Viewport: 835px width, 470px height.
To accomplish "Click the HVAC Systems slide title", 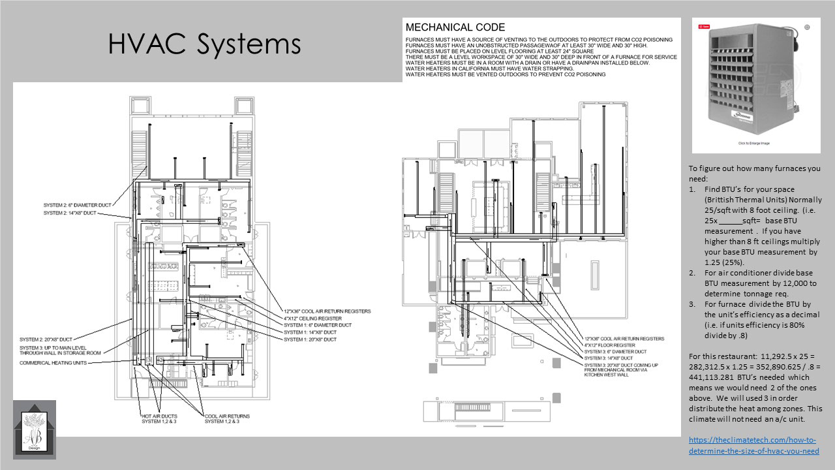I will [204, 44].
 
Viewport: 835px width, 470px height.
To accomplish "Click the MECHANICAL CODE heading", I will [455, 27].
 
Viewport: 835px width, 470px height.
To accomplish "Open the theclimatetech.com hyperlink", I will [754, 445].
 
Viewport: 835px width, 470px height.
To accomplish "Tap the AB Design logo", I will [35, 429].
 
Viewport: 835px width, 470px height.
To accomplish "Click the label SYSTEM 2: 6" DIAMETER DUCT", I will [82, 205].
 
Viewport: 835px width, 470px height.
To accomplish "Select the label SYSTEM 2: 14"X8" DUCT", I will [70, 213].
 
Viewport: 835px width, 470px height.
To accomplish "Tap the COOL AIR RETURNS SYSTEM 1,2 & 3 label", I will [226, 418].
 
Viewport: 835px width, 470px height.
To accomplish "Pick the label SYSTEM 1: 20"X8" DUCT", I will [310, 339].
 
